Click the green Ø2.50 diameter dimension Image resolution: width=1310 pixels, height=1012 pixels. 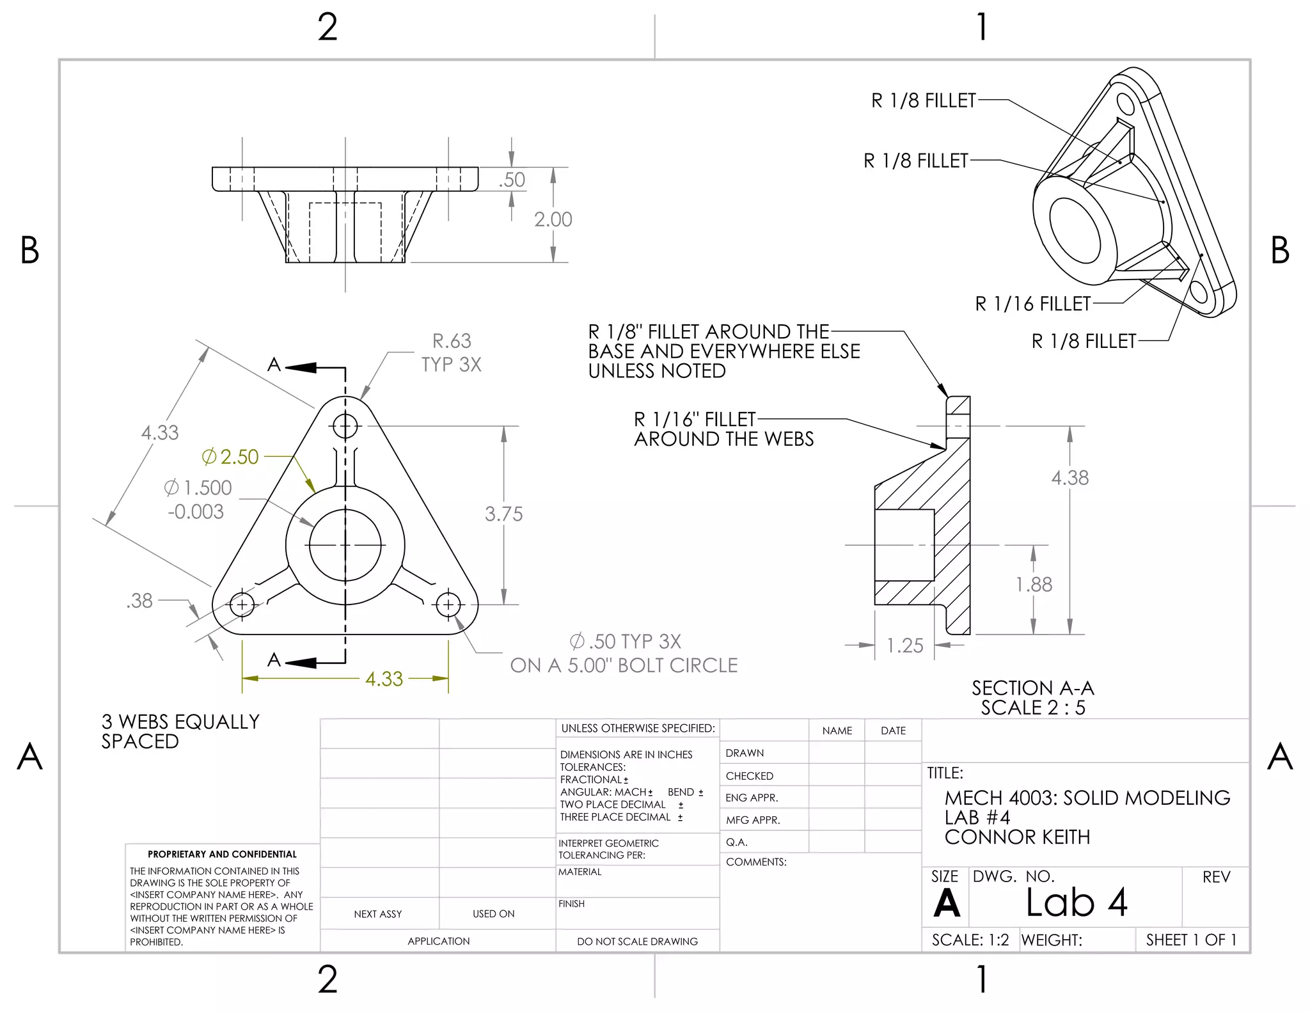[230, 457]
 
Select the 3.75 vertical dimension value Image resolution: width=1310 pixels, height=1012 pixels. [503, 514]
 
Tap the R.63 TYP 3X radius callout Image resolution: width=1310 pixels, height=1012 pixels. [451, 352]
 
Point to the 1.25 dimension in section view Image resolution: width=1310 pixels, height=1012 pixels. [904, 645]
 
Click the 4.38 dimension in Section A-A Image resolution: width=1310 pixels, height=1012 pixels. [1069, 478]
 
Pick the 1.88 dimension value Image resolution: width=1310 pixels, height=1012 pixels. [1034, 584]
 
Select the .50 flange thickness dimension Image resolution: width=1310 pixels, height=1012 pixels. [512, 180]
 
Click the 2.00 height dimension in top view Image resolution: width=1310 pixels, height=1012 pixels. [553, 219]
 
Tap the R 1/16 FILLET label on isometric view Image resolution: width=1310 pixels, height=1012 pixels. [1032, 304]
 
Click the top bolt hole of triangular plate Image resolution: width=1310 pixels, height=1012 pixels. [345, 425]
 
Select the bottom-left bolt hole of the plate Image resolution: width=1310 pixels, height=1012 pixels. [242, 604]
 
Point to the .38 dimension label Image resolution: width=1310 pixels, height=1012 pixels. [139, 601]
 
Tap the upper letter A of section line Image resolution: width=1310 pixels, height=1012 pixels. [274, 365]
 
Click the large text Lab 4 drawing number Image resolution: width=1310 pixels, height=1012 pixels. [1076, 903]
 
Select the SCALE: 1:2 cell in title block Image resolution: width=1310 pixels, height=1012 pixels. [970, 940]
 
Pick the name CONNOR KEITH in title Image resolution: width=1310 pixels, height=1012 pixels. [1017, 837]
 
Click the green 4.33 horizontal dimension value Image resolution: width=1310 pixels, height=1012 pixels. [384, 679]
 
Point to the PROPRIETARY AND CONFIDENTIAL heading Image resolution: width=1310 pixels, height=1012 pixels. [222, 854]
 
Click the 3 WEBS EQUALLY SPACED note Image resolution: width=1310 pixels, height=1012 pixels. [180, 731]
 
